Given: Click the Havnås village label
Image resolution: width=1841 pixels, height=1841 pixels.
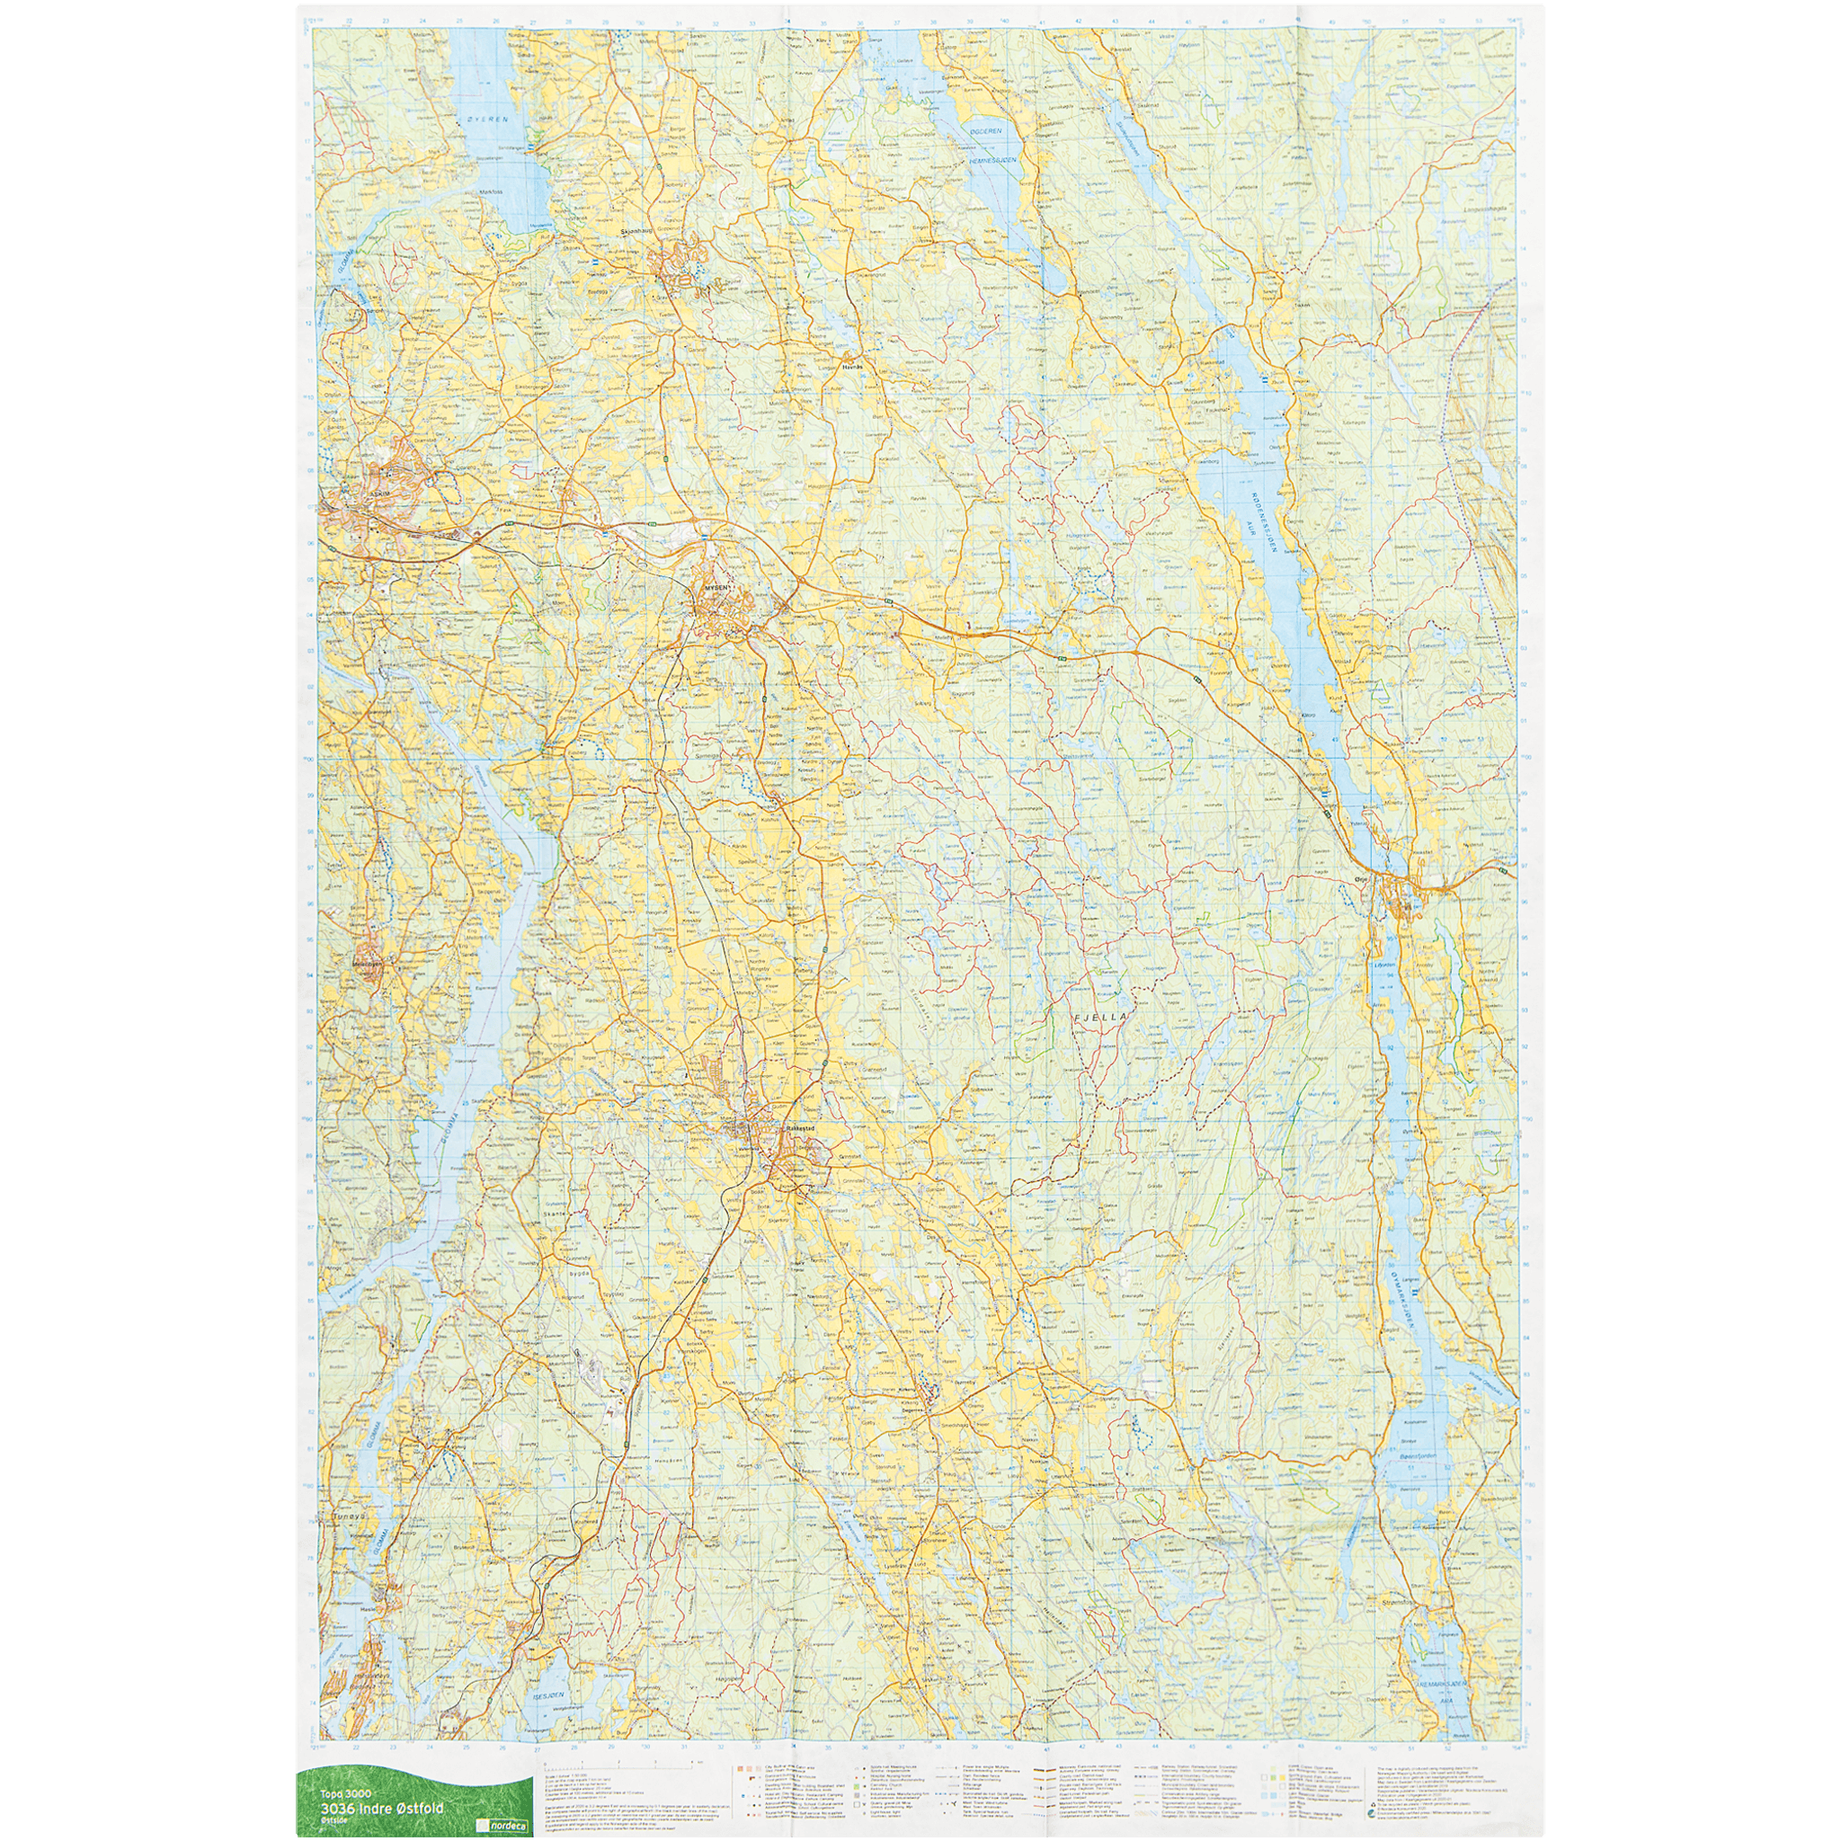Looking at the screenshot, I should [852, 365].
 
